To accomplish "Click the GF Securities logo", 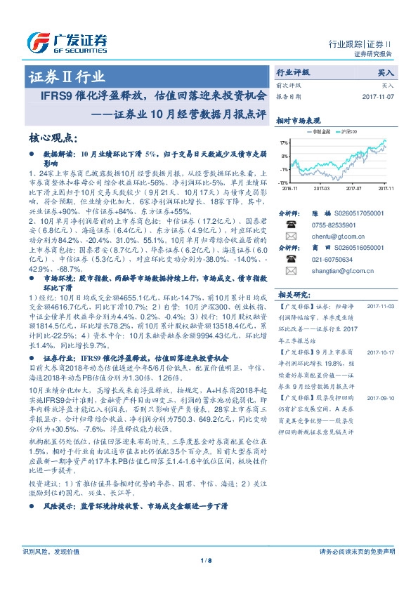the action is tap(67, 43).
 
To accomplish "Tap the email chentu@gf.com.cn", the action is tap(337, 237).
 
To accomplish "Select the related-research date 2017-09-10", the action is tap(381, 398).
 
